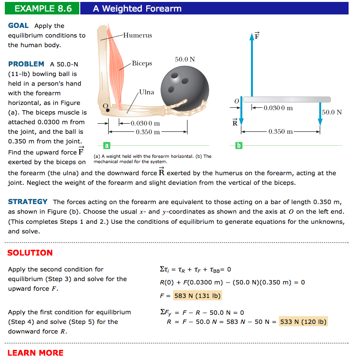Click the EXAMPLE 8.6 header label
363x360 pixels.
(43, 8)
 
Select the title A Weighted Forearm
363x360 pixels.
(137, 8)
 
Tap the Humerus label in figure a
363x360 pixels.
(138, 35)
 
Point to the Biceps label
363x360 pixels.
(142, 64)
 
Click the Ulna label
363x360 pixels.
(147, 92)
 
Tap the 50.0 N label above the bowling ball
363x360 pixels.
(185, 59)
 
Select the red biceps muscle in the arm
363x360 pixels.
(116, 63)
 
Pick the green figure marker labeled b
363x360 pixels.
(238, 144)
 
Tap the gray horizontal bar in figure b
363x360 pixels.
(287, 99)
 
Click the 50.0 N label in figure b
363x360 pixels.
(332, 112)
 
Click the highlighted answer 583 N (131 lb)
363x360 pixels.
(197, 296)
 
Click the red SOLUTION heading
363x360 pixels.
(30, 253)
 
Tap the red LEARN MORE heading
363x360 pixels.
(35, 353)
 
